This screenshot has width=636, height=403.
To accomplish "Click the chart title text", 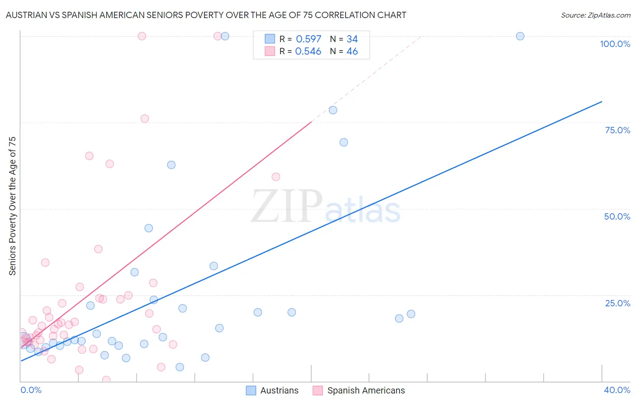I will coord(206,15).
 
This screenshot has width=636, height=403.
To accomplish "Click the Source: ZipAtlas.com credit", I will coord(595,15).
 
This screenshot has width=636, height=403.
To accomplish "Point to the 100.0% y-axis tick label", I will coord(615,44).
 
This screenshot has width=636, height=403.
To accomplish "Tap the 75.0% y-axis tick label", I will coord(617,130).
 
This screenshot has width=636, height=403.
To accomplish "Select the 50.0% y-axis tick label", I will coord(617,216).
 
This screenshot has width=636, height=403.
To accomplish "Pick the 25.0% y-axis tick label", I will coord(617,303).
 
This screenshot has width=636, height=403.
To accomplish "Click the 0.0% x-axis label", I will coord(31,390).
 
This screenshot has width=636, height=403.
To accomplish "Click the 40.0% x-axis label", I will coord(617,390).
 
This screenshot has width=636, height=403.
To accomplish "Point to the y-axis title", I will coord(12,206).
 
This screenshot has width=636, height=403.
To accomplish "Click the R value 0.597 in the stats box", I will coord(309,39).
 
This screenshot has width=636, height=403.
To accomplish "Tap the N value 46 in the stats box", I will coord(352,52).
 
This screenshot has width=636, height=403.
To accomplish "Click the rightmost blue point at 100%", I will coord(520,36).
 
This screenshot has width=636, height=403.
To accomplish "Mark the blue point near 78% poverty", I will coord(333,110).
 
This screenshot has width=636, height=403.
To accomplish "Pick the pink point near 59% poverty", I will coord(276,177).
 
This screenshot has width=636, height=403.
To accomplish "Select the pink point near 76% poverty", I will coord(145,119).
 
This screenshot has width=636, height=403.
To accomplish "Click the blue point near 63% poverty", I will coord(171,165).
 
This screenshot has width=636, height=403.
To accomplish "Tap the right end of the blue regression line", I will coord(602,102).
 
